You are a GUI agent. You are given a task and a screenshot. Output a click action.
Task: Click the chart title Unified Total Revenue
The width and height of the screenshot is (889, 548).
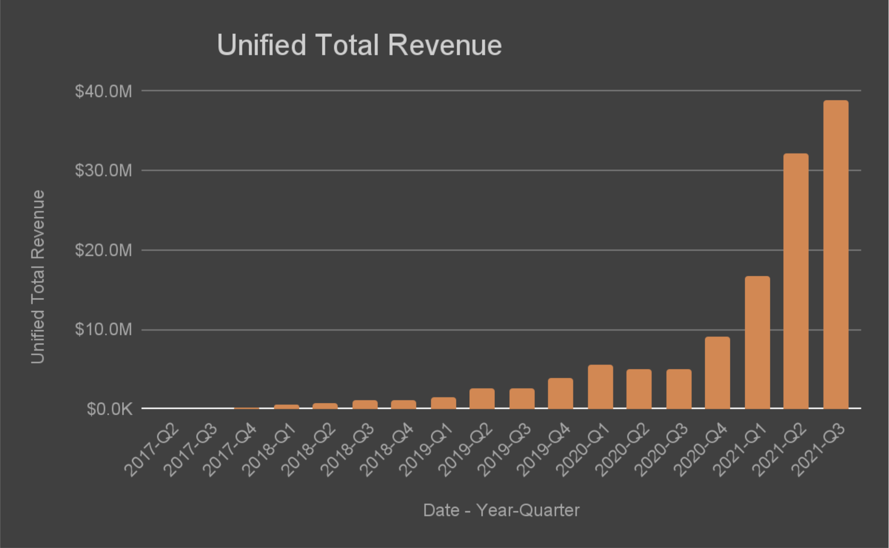point(359,45)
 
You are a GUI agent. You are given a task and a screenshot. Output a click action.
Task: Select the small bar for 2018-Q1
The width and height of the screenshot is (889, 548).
point(287,406)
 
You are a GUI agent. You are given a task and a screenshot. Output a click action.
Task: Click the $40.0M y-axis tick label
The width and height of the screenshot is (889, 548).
point(103,92)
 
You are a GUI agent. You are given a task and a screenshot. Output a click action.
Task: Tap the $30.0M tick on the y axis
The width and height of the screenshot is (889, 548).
point(103,171)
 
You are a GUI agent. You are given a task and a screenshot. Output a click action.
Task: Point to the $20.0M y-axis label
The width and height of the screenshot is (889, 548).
point(103,250)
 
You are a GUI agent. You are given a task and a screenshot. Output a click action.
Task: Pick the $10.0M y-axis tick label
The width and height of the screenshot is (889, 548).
point(103,329)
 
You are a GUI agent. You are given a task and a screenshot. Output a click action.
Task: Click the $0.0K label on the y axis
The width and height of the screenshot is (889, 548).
point(109,409)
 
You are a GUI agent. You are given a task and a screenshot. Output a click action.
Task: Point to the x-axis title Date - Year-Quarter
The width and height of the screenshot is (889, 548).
point(501,510)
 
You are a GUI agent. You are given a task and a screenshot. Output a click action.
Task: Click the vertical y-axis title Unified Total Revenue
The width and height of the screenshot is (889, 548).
point(38,277)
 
